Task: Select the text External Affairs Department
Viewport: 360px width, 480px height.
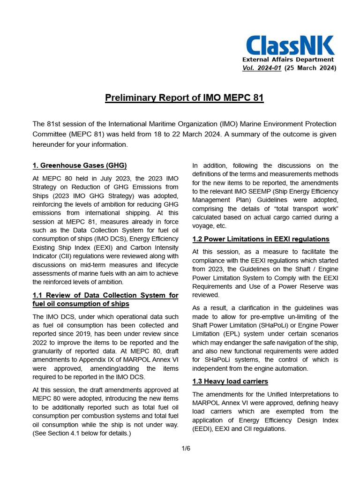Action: coord(288,60)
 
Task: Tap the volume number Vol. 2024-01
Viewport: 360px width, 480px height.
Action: coord(262,68)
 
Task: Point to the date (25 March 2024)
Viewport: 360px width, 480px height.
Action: coord(310,68)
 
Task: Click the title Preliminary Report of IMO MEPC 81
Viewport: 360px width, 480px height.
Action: coord(184,98)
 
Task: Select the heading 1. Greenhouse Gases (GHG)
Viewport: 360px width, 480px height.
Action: coord(80,165)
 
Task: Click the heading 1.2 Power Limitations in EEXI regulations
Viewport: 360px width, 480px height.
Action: coord(261,239)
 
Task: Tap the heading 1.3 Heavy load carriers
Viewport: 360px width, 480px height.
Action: coord(230,382)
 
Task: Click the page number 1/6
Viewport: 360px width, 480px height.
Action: coord(186,449)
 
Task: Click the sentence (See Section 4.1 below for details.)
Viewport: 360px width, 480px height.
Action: coord(82,434)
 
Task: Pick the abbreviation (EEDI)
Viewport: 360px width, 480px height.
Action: coord(204,428)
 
